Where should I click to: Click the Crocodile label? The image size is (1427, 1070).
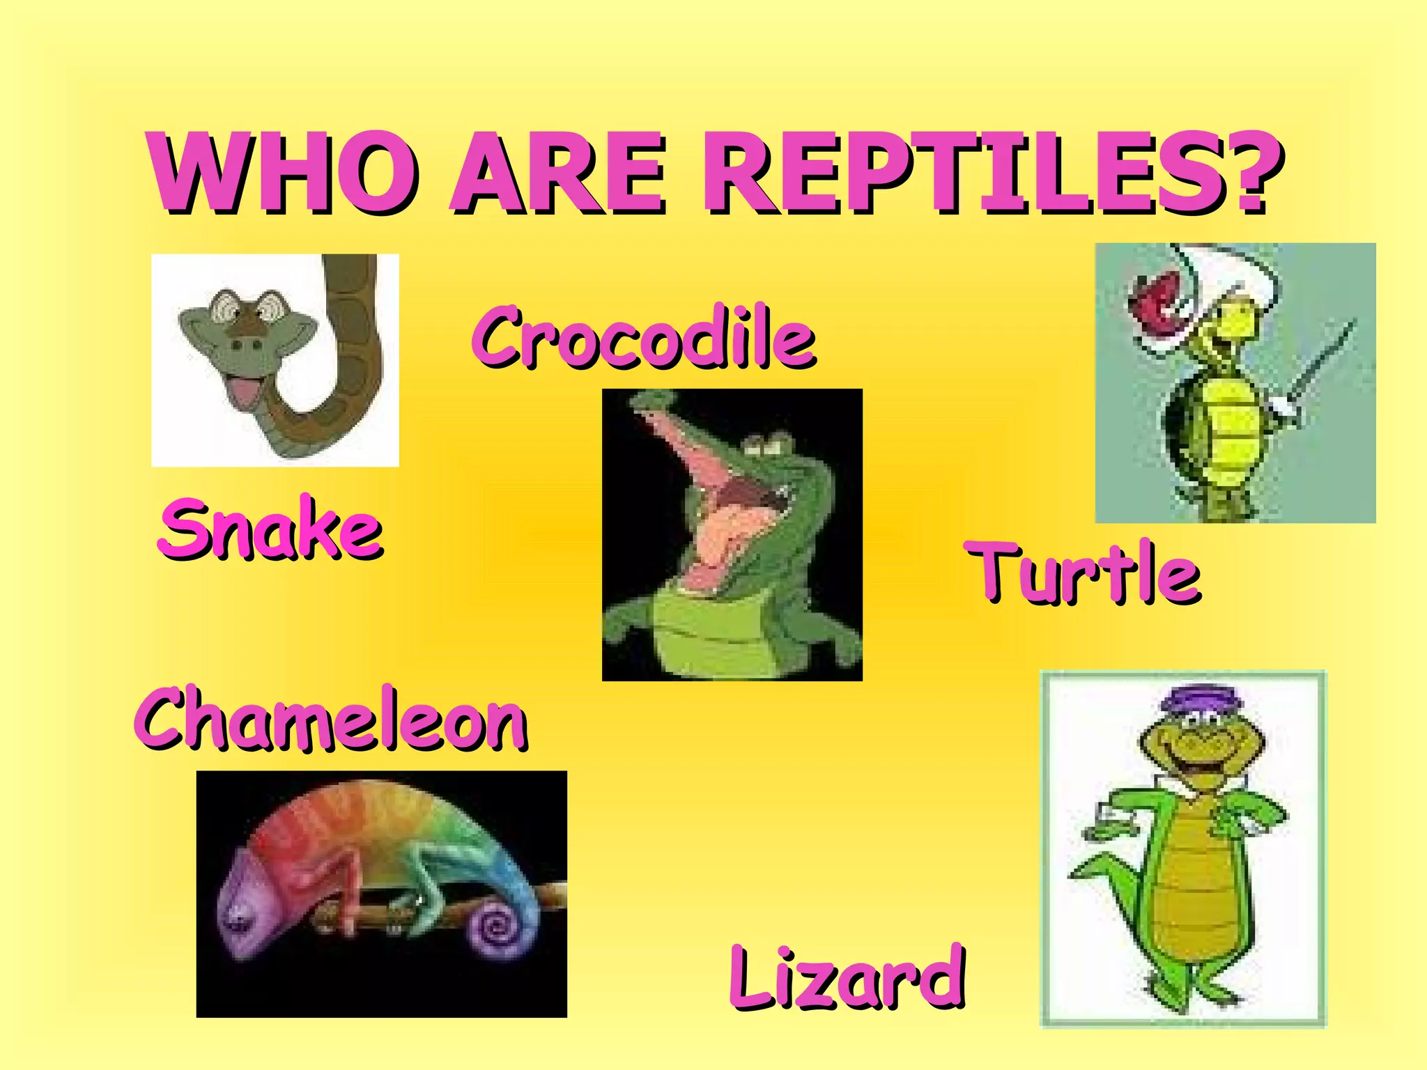pos(644,337)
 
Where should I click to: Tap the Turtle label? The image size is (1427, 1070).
pos(1084,573)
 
